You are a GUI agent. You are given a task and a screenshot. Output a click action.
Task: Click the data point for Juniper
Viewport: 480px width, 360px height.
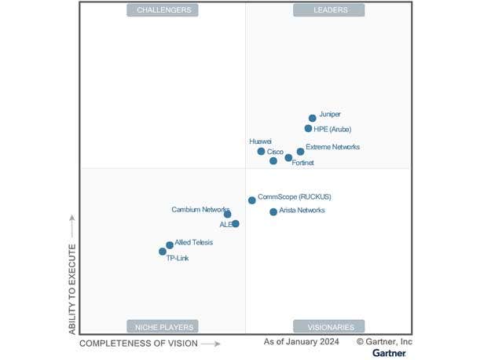pyautogui.click(x=313, y=119)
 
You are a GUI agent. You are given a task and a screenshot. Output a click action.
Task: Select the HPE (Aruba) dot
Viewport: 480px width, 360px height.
pyautogui.click(x=309, y=129)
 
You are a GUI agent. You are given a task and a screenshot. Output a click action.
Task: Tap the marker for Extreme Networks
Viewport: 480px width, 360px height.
pyautogui.click(x=300, y=152)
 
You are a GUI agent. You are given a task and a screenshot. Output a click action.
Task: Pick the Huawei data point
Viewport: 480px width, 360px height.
pyautogui.click(x=262, y=152)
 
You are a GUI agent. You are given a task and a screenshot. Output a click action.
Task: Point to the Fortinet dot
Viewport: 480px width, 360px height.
pyautogui.click(x=288, y=158)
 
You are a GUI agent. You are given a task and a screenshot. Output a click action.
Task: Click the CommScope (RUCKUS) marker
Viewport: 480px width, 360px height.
pyautogui.click(x=252, y=200)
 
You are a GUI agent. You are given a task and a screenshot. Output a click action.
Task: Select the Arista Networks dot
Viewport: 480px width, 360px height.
pyautogui.click(x=273, y=212)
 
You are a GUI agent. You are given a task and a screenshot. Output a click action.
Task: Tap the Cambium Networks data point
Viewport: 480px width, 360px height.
pyautogui.click(x=227, y=214)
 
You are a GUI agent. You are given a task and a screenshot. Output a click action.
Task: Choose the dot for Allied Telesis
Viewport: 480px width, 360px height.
pyautogui.click(x=170, y=245)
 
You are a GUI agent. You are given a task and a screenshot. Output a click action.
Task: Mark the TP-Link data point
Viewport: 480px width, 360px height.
pyautogui.click(x=163, y=252)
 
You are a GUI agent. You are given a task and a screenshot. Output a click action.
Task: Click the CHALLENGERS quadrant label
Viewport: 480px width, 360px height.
pyautogui.click(x=163, y=10)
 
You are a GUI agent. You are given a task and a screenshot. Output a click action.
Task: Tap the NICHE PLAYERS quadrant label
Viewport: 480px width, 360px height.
pyautogui.click(x=163, y=326)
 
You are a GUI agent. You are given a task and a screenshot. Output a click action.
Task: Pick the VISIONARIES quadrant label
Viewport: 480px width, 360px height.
pyautogui.click(x=329, y=326)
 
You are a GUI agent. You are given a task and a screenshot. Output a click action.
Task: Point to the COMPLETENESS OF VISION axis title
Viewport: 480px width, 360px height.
pyautogui.click(x=139, y=343)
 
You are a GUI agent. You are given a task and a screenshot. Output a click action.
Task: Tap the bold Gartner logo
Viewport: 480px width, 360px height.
pyautogui.click(x=389, y=353)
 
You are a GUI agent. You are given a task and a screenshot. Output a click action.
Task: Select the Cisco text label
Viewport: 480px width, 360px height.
pyautogui.click(x=275, y=152)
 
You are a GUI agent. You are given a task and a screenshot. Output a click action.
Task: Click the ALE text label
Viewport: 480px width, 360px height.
pyautogui.click(x=225, y=225)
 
